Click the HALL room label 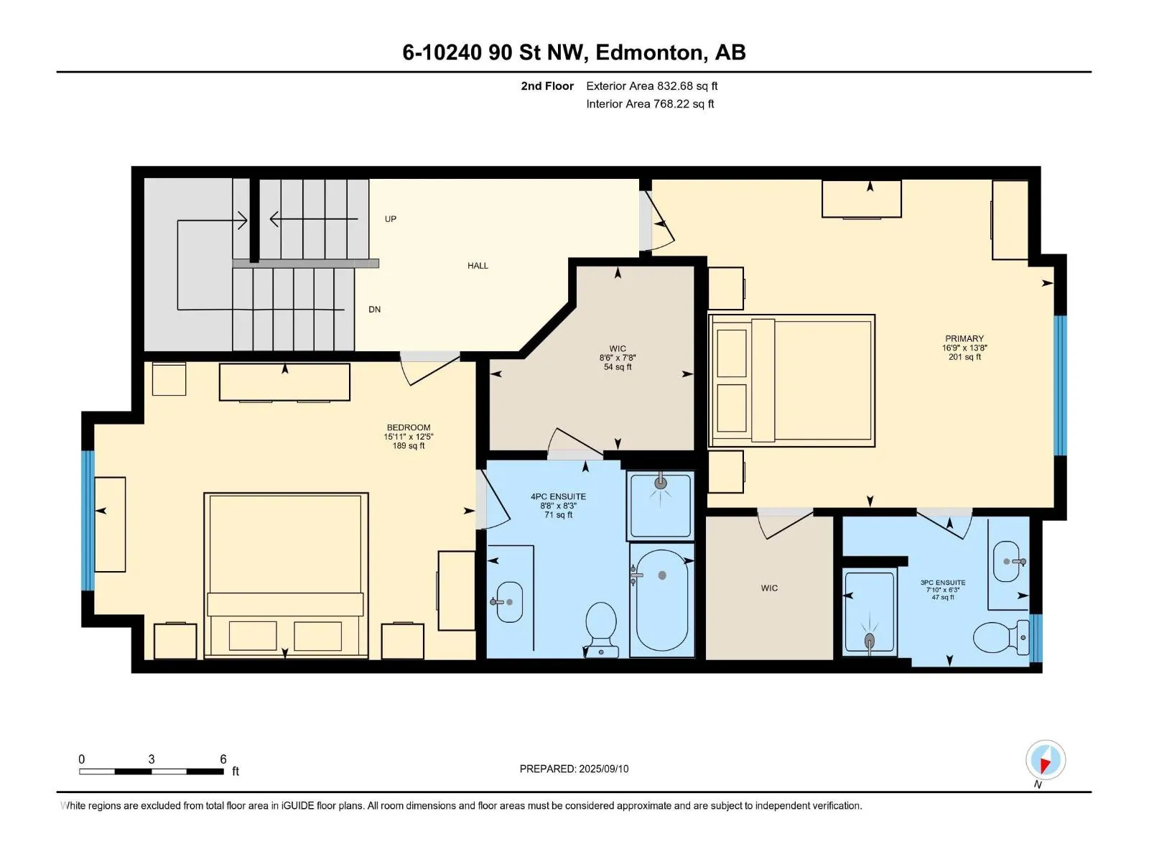point(478,266)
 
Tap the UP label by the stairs point(391,219)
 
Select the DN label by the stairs point(374,310)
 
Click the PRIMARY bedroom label point(964,338)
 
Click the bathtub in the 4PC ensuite point(661,600)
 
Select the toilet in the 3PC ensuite point(1000,637)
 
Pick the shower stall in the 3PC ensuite point(870,612)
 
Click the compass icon point(1045,760)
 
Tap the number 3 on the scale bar point(152,759)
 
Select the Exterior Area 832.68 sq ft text point(652,85)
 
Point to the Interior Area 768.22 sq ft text point(650,103)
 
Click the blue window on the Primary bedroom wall point(1060,385)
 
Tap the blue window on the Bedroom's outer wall point(88,521)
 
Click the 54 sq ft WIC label point(618,367)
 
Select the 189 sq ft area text point(409,446)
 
